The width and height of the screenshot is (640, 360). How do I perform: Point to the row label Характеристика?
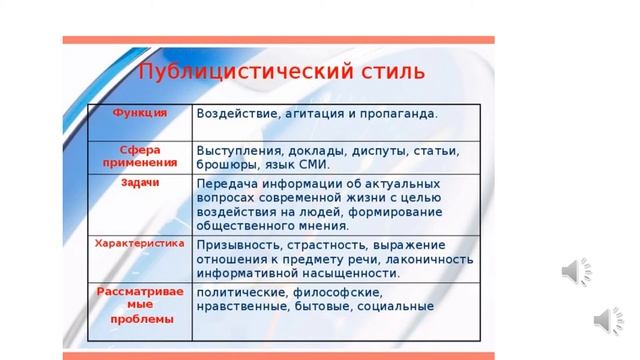139,243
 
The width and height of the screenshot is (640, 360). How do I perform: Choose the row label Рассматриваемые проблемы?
139,304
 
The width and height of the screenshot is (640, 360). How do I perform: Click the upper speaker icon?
577,270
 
